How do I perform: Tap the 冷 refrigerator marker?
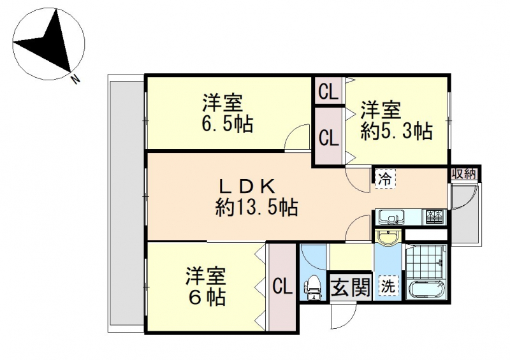386,178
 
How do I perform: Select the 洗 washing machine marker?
388,287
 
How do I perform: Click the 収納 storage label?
463,174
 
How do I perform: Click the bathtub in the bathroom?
426,290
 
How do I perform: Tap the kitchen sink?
390,217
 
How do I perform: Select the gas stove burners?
435,217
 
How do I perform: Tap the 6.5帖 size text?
228,124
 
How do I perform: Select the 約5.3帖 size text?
397,132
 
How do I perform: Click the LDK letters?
247,186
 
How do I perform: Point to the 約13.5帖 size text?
257,207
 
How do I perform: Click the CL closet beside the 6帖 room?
282,287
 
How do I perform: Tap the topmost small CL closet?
328,91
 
